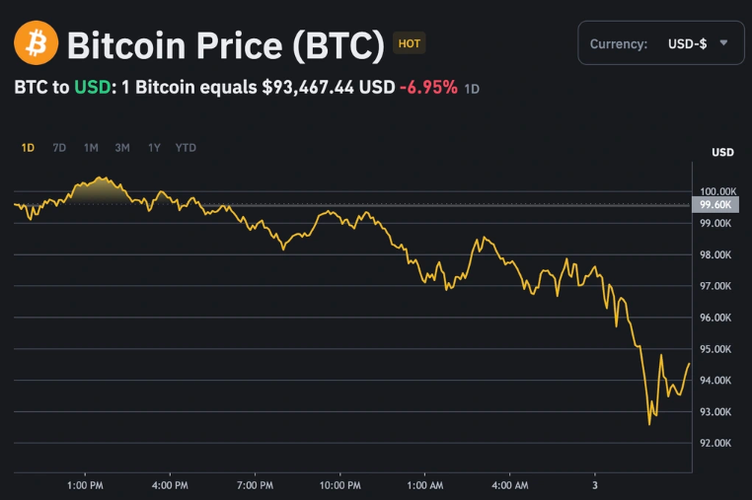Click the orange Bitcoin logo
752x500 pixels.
click(x=37, y=43)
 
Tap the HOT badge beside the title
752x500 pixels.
click(x=409, y=43)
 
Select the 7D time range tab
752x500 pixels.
click(x=59, y=148)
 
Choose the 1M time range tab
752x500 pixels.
click(x=91, y=148)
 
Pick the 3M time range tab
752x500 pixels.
click(x=122, y=148)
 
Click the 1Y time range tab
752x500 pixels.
click(x=154, y=148)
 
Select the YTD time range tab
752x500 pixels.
click(x=186, y=148)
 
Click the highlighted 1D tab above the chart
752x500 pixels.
click(x=28, y=148)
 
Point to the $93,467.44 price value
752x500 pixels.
click(x=307, y=87)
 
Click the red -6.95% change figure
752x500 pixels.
click(x=428, y=87)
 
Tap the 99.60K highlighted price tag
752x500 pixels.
click(x=714, y=204)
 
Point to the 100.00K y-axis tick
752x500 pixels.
click(x=717, y=191)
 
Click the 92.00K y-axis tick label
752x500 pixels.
click(x=715, y=443)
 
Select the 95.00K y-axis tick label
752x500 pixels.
click(x=715, y=349)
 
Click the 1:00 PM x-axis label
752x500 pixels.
click(x=85, y=485)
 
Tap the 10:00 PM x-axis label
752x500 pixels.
click(x=339, y=485)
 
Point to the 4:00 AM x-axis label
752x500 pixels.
click(x=509, y=485)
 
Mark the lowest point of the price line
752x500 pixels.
click(x=649, y=424)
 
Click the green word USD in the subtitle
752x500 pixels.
click(x=92, y=87)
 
